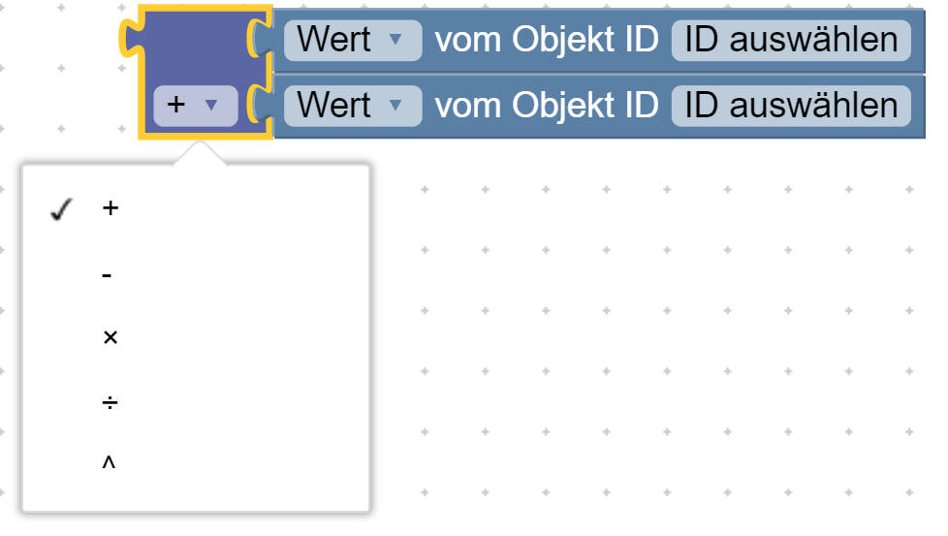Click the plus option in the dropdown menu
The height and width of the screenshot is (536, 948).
pos(111,208)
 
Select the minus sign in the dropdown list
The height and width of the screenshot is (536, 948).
pos(107,275)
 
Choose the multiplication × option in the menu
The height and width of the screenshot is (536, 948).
pos(111,337)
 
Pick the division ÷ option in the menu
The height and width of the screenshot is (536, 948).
pos(111,402)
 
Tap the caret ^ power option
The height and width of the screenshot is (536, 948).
pos(109,462)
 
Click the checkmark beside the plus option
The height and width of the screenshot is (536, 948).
pos(61,209)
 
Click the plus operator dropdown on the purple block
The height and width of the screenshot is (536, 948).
pos(195,106)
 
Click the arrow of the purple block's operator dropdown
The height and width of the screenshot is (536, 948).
pos(211,105)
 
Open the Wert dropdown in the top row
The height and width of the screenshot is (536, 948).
pos(353,41)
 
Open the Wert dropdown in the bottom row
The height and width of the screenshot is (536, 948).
pos(353,106)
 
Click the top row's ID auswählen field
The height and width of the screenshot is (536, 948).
pos(791,41)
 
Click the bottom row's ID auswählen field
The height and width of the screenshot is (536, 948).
pos(791,106)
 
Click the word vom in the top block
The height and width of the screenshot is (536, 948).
pos(468,43)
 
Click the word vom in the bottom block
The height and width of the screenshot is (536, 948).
pos(468,108)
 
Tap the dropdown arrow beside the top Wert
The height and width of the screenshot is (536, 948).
pos(395,40)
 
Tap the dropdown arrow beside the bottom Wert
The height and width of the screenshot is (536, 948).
pos(395,105)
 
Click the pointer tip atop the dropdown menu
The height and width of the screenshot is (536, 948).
pos(200,142)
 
